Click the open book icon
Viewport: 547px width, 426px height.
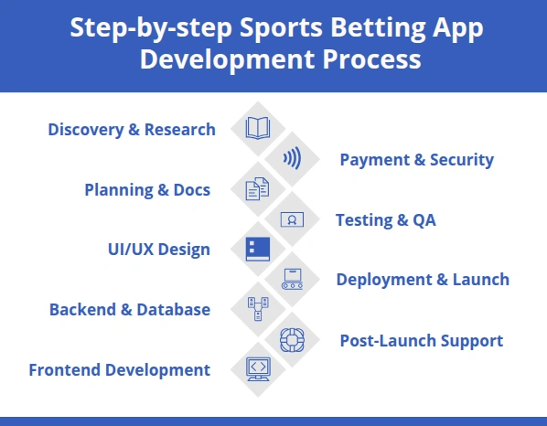258,129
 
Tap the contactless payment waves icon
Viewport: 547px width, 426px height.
292,159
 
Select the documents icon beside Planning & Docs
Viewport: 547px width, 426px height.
258,189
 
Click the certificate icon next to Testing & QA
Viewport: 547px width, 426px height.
292,219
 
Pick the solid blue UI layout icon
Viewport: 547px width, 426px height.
258,249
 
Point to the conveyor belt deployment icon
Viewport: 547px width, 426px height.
292,279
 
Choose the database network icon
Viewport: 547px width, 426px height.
258,309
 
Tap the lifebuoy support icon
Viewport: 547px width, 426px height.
292,339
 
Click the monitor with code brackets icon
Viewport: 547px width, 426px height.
258,368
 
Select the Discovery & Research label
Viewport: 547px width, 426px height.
132,130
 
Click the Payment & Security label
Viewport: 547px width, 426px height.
416,160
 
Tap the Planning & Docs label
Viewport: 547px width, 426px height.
147,190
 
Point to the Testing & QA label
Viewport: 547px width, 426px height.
385,220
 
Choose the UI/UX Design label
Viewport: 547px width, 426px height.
159,250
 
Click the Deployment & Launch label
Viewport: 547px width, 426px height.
423,280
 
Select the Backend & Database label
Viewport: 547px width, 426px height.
130,310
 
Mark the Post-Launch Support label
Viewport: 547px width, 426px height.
421,341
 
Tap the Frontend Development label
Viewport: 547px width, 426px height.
120,370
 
